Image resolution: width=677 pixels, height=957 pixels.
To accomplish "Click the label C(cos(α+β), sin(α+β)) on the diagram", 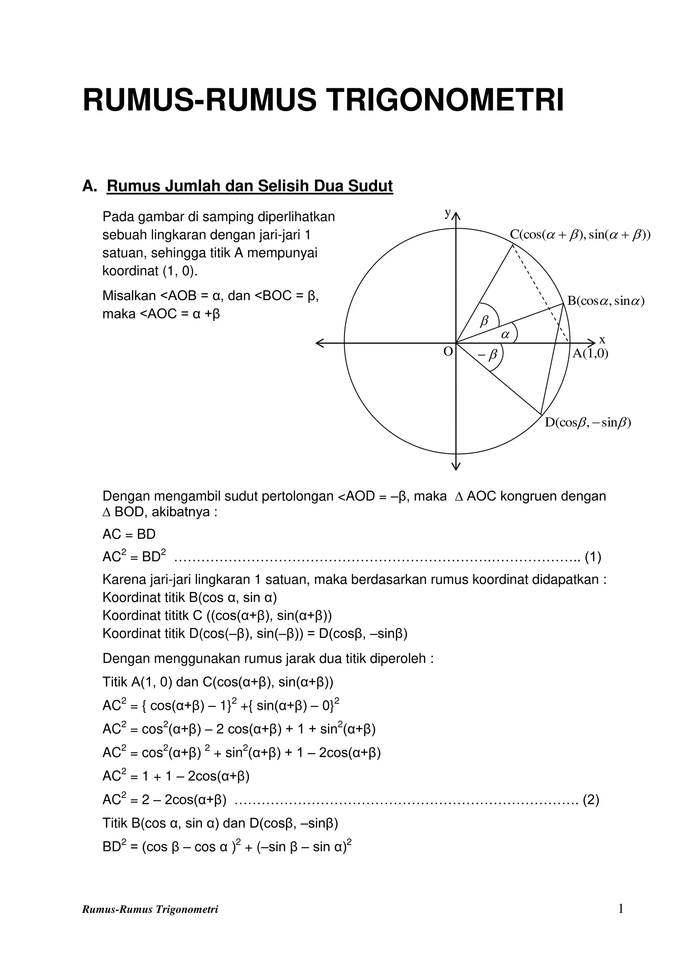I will coord(580,235).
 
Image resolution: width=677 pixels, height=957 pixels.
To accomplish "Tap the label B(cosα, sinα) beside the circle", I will coord(605,301).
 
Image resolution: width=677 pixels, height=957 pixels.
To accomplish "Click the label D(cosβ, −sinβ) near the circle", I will coord(588,423).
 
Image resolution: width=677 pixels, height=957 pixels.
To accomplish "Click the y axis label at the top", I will coord(447,213).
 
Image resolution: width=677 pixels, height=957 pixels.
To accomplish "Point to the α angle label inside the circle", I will coord(505,334).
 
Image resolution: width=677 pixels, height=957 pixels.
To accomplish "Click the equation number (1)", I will coord(593,557).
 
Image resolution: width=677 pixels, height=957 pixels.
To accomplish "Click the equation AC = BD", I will coord(129,534).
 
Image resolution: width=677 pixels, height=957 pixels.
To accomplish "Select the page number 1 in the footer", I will coord(621,920).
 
